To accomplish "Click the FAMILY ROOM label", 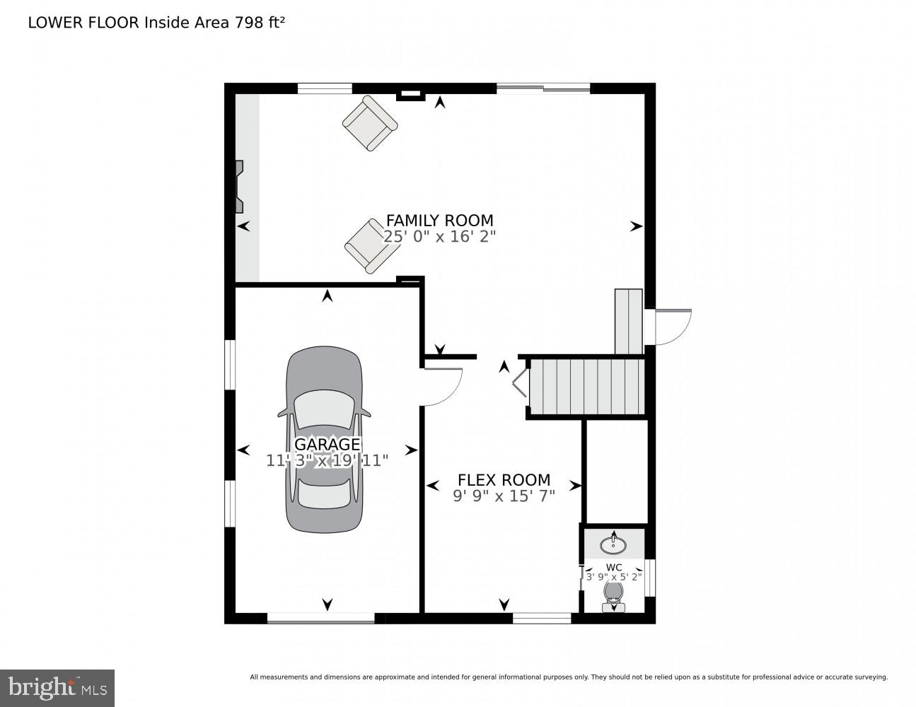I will (439, 220).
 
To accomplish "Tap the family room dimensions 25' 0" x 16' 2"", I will (439, 237).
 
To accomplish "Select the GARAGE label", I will (327, 444).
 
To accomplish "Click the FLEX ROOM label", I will (504, 480).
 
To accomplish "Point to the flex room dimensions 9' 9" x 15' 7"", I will (504, 496).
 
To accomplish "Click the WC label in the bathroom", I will (613, 567).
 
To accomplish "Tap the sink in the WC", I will (613, 544).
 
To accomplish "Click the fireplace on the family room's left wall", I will (240, 186).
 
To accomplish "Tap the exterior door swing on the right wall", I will (672, 327).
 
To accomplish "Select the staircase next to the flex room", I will (587, 387).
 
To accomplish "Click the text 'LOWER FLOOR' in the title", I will (84, 23).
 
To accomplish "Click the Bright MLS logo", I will (57, 688).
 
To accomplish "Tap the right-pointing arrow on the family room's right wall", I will (636, 226).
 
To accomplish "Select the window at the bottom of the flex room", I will (541, 619).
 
